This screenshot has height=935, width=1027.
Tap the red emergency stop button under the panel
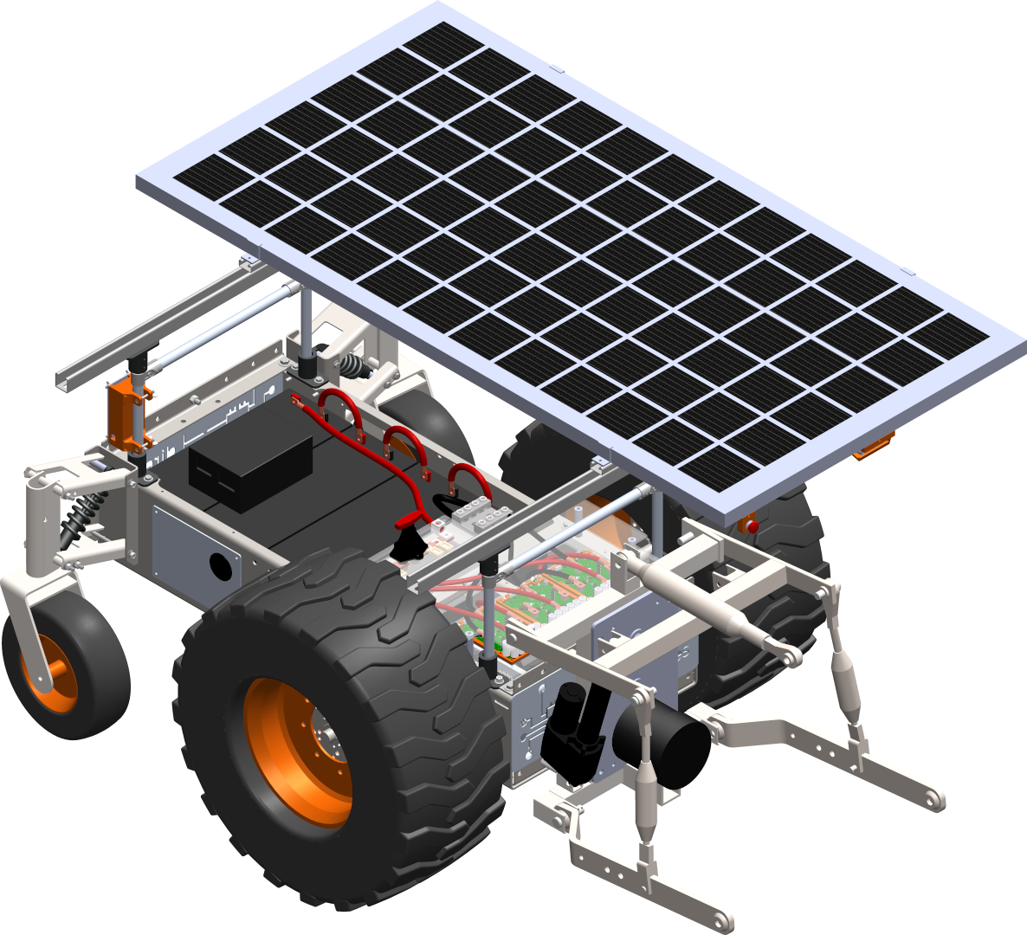(x=752, y=526)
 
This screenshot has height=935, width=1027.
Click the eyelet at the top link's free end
(x=791, y=660)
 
